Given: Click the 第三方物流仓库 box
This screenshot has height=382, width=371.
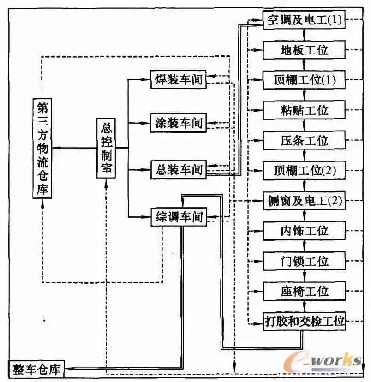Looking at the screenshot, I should pyautogui.click(x=42, y=148).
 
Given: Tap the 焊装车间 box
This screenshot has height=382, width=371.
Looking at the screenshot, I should pyautogui.click(x=178, y=79).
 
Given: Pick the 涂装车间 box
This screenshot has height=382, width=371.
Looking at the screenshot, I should pyautogui.click(x=178, y=123).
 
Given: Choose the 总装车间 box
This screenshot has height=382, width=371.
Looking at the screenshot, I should pyautogui.click(x=178, y=170).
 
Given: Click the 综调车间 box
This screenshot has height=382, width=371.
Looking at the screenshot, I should pyautogui.click(x=178, y=216).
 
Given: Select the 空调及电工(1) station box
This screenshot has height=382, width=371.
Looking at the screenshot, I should pyautogui.click(x=304, y=20).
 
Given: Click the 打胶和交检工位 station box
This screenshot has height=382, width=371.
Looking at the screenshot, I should pyautogui.click(x=304, y=321).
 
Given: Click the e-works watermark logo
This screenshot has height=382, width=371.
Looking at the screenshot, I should pyautogui.click(x=323, y=360).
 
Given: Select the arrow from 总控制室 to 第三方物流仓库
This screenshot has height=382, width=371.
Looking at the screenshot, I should pyautogui.click(x=74, y=148).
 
